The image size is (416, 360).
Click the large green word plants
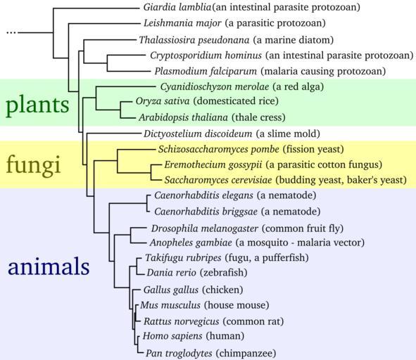tap(37, 105)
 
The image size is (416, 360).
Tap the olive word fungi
tap(33, 165)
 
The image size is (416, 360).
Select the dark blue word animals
tap(49, 266)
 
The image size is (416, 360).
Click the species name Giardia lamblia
tap(177, 7)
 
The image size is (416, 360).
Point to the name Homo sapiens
tap(172, 336)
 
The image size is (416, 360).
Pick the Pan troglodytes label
tap(179, 353)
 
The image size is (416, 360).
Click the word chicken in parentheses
tap(222, 290)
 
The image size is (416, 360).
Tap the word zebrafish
tap(223, 273)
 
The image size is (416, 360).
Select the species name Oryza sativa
tap(163, 101)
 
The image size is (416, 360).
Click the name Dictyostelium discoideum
tap(198, 134)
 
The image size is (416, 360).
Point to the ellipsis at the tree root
tap(11, 32)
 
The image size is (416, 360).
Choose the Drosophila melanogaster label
tap(205, 229)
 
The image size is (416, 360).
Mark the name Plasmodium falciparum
tap(206, 71)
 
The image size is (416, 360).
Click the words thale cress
tap(258, 117)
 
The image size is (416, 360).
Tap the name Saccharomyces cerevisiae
tap(218, 180)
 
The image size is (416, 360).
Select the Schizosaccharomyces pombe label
tap(219, 149)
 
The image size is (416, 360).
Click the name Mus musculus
tap(170, 305)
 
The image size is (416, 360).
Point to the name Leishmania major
tap(182, 23)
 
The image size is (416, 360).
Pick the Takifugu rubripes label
tap(183, 257)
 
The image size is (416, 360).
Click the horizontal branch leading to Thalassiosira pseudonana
tap(110, 40)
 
